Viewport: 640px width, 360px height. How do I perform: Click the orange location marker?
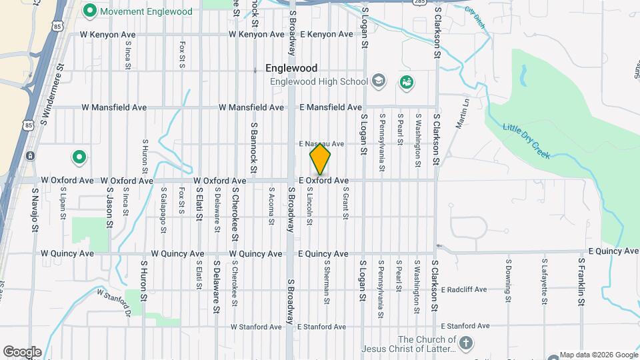[x=321, y=159]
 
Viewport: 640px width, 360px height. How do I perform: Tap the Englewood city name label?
[x=291, y=68]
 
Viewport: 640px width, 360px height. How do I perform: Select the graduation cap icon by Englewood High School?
[x=379, y=81]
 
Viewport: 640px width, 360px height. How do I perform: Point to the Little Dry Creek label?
[x=526, y=141]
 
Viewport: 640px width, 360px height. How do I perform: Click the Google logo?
[x=21, y=352]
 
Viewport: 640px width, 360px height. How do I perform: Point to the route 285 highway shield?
[x=419, y=3]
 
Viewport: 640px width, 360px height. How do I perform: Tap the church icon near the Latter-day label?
[x=466, y=344]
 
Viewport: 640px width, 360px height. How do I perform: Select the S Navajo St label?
[x=33, y=210]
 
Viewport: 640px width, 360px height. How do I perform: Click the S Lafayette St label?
[x=544, y=279]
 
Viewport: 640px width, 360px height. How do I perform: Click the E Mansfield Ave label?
[x=331, y=107]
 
